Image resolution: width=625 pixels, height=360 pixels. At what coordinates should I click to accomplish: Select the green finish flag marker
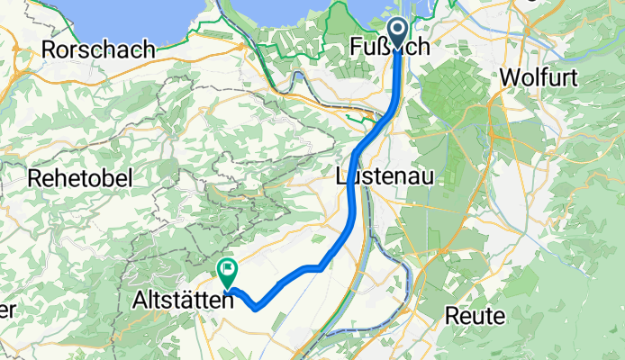point(228,269)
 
